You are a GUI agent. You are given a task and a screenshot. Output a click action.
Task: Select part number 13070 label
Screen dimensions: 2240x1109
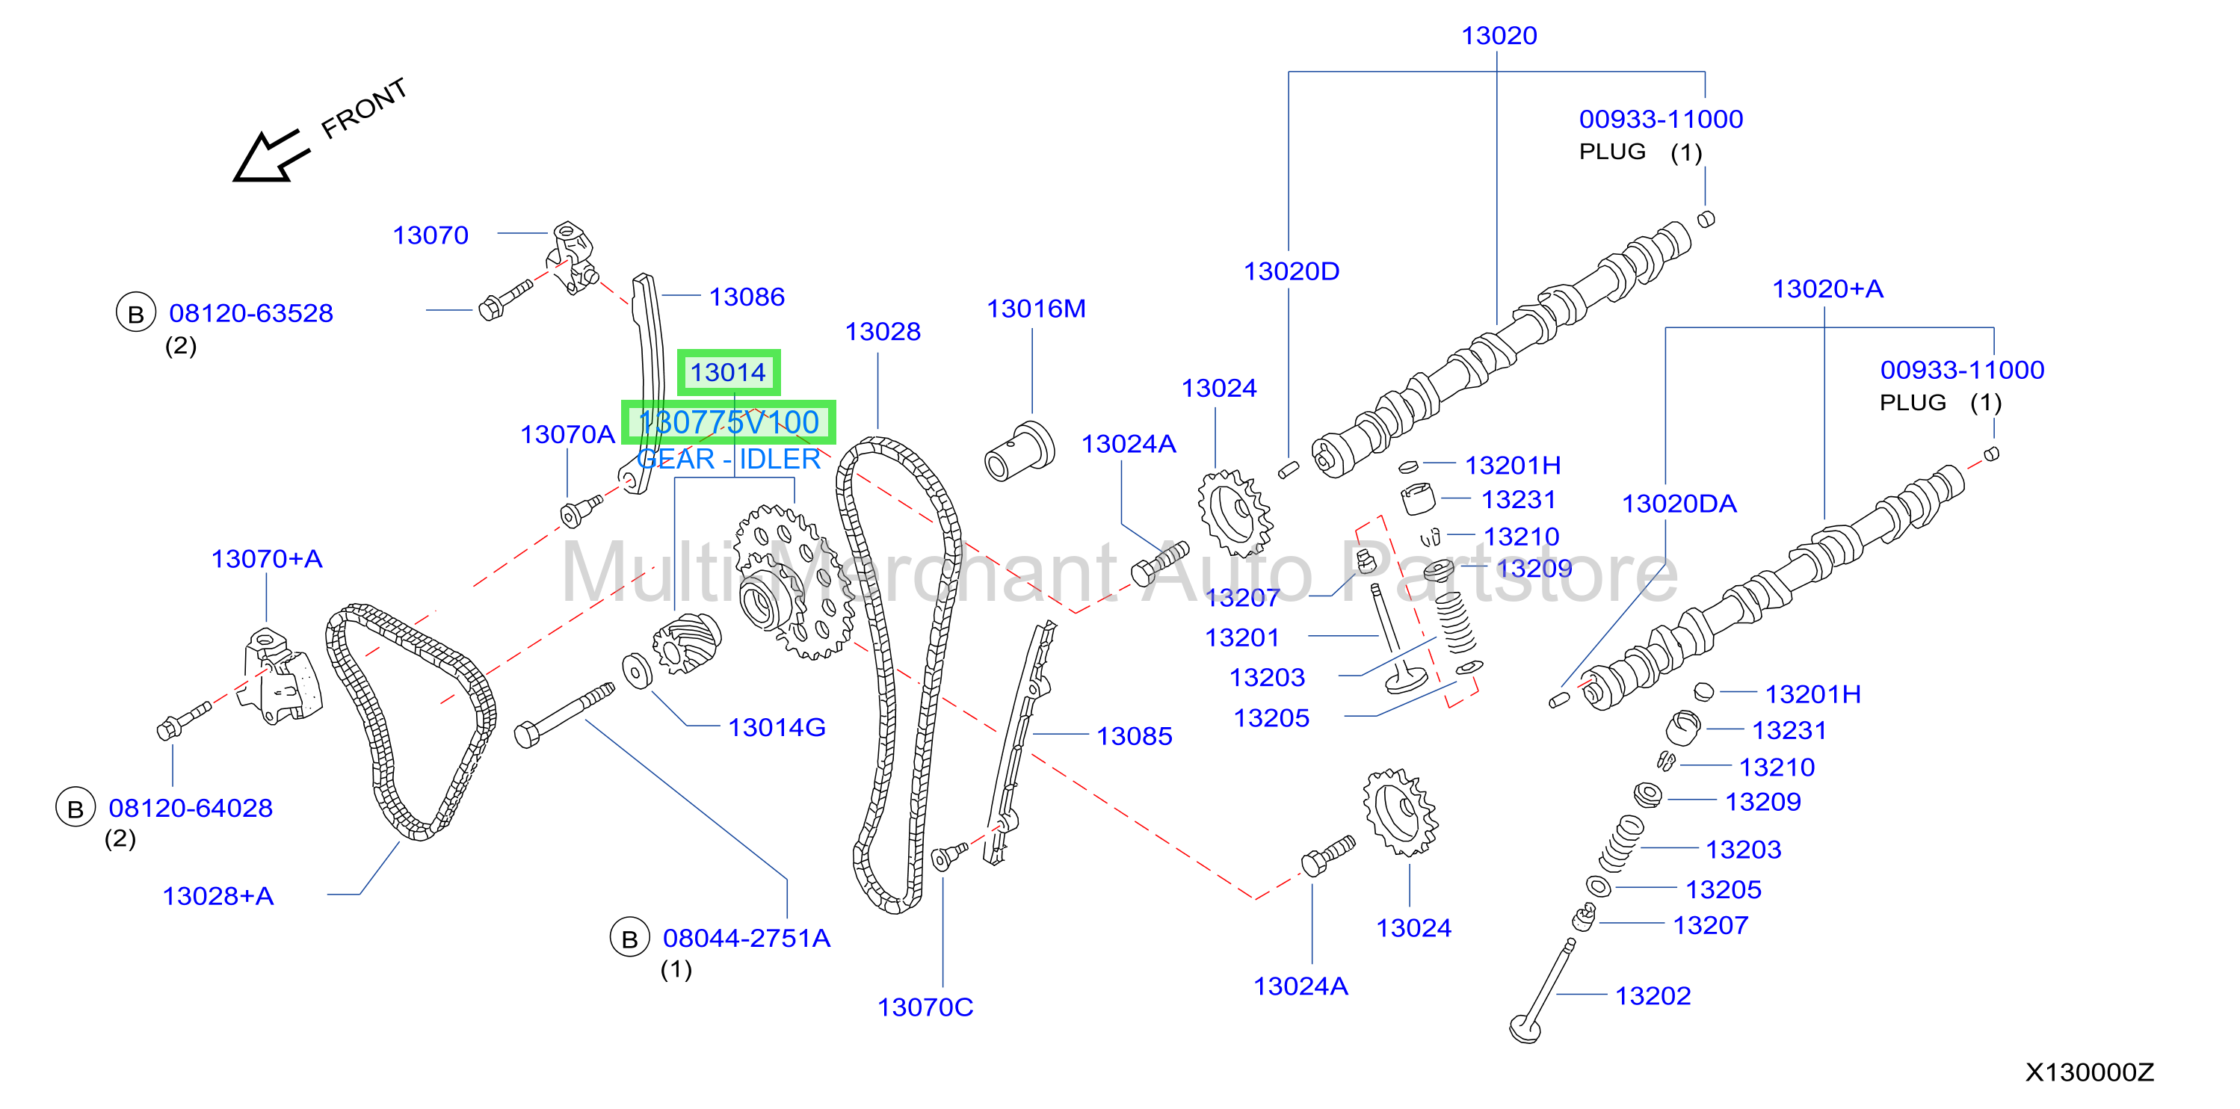pyautogui.click(x=431, y=235)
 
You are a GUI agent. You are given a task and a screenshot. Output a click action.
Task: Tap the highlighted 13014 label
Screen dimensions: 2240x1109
pyautogui.click(x=729, y=373)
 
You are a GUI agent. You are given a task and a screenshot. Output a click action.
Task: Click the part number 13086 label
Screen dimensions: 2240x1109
pyautogui.click(x=747, y=297)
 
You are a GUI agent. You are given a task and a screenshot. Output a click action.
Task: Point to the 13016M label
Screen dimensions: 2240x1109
pyautogui.click(x=1036, y=309)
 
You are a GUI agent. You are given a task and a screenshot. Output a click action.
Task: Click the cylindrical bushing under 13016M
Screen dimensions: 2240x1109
pyautogui.click(x=1019, y=452)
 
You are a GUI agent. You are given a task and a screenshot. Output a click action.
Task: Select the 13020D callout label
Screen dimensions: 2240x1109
pyautogui.click(x=1292, y=271)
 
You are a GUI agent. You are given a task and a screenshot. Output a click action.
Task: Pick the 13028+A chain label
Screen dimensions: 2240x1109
pyautogui.click(x=218, y=896)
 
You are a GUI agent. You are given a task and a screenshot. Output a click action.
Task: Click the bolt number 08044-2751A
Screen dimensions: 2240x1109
pyautogui.click(x=746, y=939)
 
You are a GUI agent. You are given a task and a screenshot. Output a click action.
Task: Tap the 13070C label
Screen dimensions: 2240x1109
pyautogui.click(x=925, y=1007)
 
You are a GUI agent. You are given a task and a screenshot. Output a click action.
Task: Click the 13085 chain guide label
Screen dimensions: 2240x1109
pyautogui.click(x=1134, y=736)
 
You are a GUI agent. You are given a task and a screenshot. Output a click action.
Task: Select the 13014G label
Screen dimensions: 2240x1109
pyautogui.click(x=777, y=727)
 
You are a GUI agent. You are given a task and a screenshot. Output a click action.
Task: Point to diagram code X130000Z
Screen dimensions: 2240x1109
pyautogui.click(x=2090, y=1072)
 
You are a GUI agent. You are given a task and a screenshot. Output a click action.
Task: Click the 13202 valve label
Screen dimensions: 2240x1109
pyautogui.click(x=1653, y=996)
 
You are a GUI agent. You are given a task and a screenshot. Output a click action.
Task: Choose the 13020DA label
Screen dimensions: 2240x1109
pyautogui.click(x=1679, y=504)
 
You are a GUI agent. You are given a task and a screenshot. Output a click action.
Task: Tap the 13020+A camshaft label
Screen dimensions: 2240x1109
pyautogui.click(x=1828, y=288)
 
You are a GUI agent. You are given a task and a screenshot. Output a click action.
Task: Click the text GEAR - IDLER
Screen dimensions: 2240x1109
pyautogui.click(x=729, y=459)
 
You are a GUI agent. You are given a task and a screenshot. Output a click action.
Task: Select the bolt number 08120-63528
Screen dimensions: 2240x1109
pyautogui.click(x=250, y=313)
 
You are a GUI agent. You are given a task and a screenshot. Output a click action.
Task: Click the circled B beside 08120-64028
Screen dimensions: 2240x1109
pyautogui.click(x=75, y=809)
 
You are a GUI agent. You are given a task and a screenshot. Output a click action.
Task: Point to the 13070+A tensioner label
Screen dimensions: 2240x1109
pyautogui.click(x=267, y=559)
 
